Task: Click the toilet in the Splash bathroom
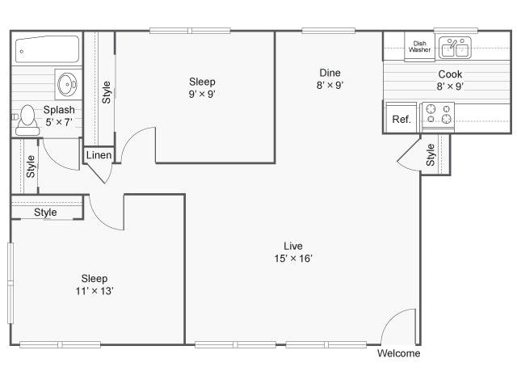pyautogui.click(x=28, y=120)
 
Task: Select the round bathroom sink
pyautogui.click(x=67, y=82)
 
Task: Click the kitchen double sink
pyautogui.click(x=455, y=48)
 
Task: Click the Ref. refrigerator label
pyautogui.click(x=401, y=119)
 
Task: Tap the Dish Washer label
pyautogui.click(x=419, y=47)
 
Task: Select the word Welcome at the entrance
pyautogui.click(x=399, y=353)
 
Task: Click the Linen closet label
pyautogui.click(x=99, y=155)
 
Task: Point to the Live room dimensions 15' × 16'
pyautogui.click(x=293, y=259)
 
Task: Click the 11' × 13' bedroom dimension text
pyautogui.click(x=95, y=291)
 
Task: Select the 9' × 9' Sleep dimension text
pyautogui.click(x=202, y=94)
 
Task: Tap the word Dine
pyautogui.click(x=329, y=73)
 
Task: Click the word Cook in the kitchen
pyautogui.click(x=450, y=74)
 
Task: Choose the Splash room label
pyautogui.click(x=59, y=110)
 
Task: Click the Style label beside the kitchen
pyautogui.click(x=431, y=154)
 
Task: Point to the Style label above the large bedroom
pyautogui.click(x=45, y=213)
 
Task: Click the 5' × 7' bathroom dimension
pyautogui.click(x=59, y=122)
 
